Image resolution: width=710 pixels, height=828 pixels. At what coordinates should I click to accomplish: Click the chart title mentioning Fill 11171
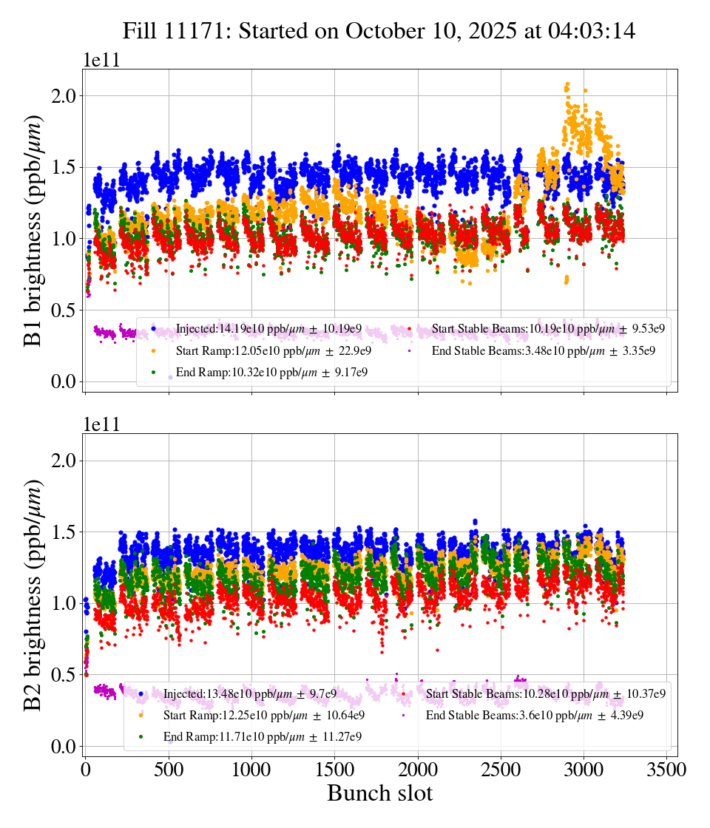coord(379,30)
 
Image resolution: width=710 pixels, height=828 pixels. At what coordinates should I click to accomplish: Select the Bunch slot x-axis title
coord(379,793)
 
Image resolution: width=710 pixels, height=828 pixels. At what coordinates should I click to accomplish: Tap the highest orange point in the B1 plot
coord(567,84)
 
